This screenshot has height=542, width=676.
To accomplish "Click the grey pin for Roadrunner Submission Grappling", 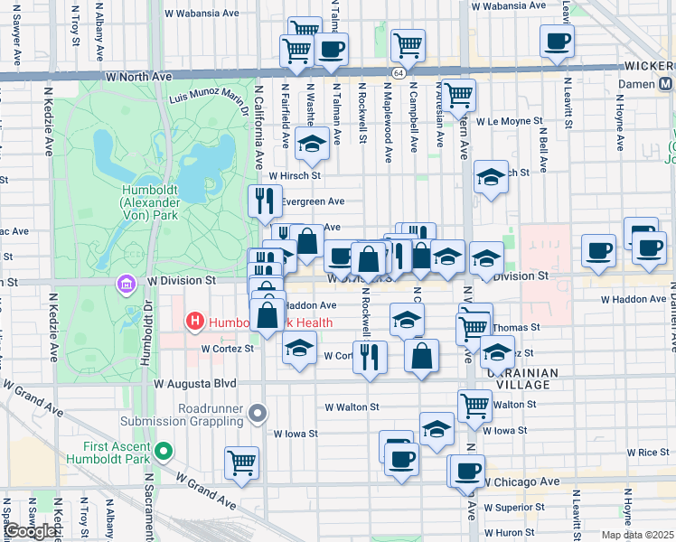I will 258,414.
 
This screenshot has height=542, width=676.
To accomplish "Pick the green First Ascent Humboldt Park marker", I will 163,452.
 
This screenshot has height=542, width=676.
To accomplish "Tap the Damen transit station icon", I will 665,83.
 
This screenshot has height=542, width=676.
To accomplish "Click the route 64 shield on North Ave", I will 398,72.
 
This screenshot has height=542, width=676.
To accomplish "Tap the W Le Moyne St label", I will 510,120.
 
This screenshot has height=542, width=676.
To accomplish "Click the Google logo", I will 30,532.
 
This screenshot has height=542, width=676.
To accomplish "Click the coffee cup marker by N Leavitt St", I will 557,40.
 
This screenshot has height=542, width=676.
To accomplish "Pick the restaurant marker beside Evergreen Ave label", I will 265,201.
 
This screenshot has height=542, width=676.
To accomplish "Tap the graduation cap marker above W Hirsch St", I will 313,144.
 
